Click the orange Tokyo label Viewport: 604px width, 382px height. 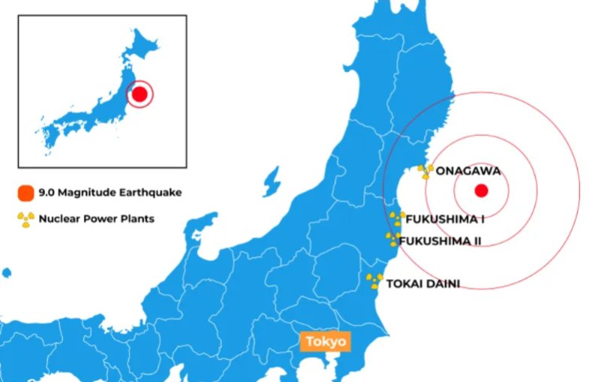(x=325, y=342)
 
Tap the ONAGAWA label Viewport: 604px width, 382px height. (x=467, y=170)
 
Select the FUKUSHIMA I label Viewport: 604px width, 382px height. (x=444, y=218)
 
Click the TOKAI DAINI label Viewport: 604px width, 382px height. (x=423, y=284)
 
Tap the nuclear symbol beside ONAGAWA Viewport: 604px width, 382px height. (x=426, y=171)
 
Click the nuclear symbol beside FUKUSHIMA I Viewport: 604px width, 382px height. (x=396, y=219)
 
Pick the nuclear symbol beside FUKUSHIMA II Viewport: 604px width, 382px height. (x=392, y=239)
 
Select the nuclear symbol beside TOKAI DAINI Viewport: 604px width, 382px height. (x=374, y=281)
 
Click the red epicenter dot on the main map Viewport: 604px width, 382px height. (x=482, y=191)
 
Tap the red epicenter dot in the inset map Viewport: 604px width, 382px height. (x=140, y=95)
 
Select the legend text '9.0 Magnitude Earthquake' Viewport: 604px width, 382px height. (x=110, y=193)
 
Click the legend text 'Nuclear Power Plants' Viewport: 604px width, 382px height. (x=96, y=219)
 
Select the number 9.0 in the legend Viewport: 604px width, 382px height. (x=47, y=193)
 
